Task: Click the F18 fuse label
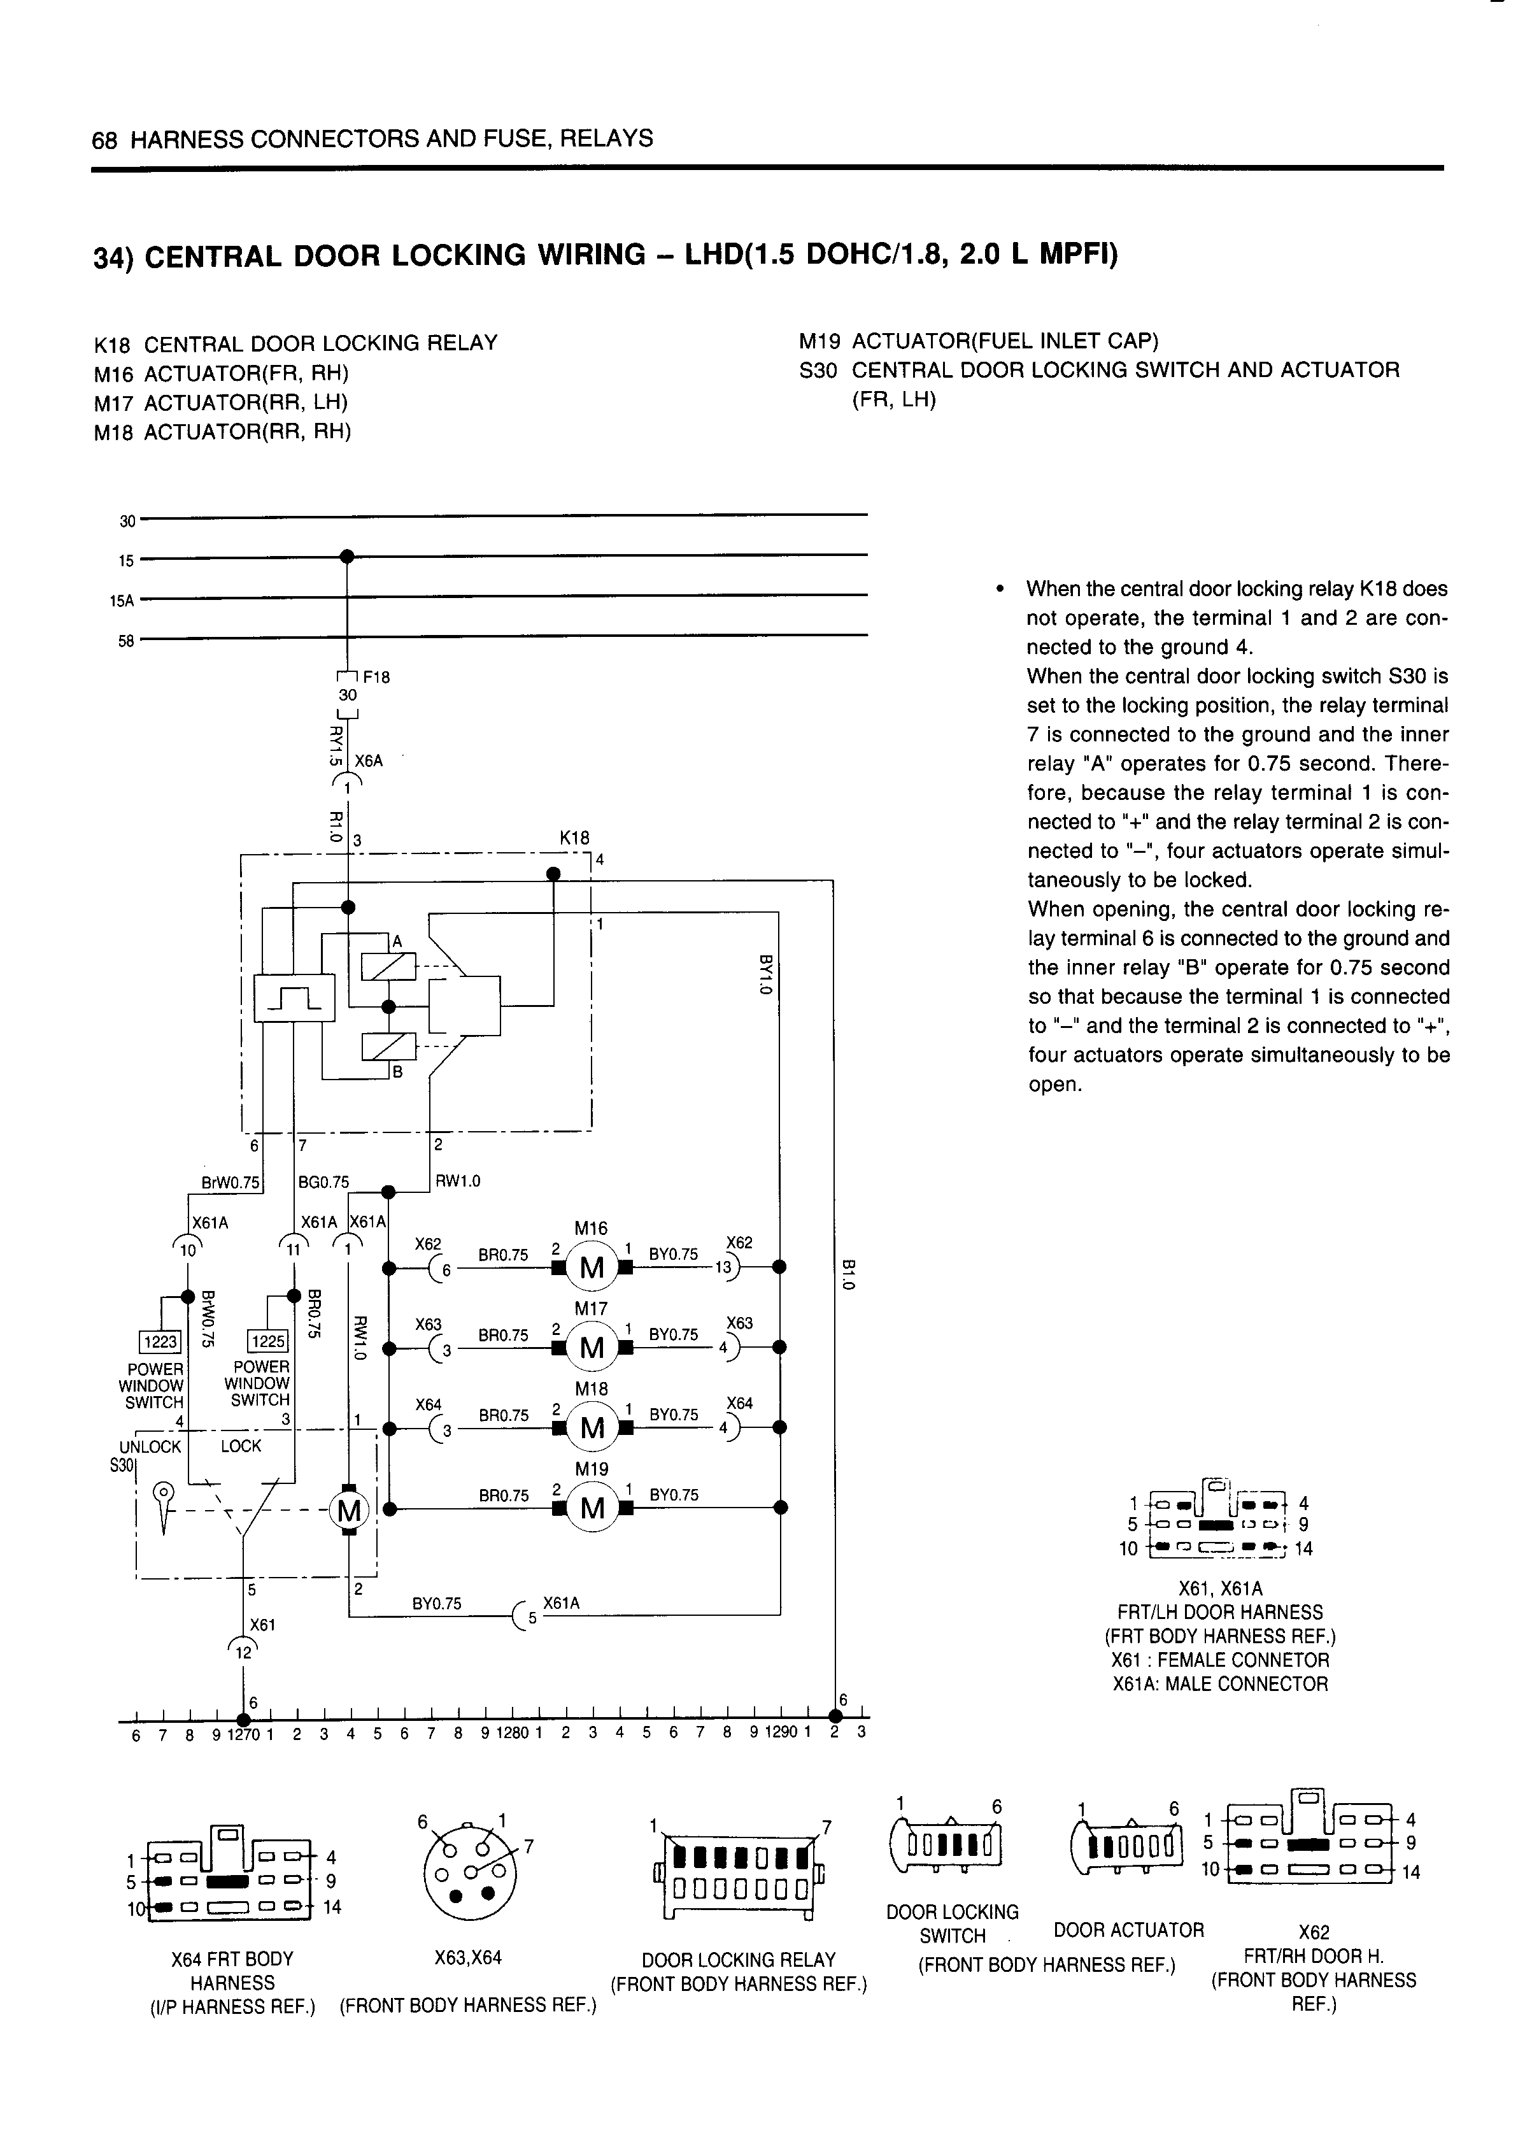click(377, 678)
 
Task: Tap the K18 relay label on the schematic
click(574, 839)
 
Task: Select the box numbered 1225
click(267, 1341)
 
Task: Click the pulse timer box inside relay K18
click(294, 999)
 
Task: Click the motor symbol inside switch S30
click(350, 1510)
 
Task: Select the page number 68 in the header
click(104, 140)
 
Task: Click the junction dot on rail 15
click(347, 556)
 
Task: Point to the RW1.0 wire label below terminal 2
click(458, 1181)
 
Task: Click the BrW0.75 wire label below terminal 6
click(230, 1183)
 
